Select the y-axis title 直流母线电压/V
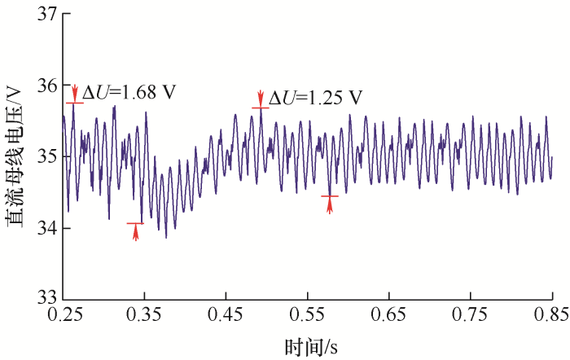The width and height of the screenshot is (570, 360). (x=15, y=155)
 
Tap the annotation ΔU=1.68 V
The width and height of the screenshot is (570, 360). (x=129, y=92)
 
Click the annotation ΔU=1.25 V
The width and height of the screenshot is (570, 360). (x=315, y=98)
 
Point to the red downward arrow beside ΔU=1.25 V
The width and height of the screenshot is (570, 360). (x=261, y=97)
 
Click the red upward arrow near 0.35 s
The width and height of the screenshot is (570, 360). (x=136, y=233)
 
